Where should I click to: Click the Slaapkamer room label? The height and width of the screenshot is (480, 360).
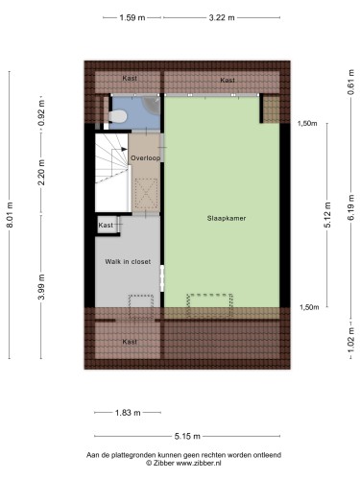pyautogui.click(x=227, y=218)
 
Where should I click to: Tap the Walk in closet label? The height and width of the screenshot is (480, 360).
pyautogui.click(x=128, y=261)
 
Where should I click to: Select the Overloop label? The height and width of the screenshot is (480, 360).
pyautogui.click(x=145, y=157)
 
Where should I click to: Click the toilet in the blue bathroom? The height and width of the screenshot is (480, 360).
pyautogui.click(x=118, y=116)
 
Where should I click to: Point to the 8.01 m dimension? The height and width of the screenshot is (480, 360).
pyautogui.click(x=10, y=215)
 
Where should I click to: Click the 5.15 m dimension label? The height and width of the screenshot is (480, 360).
pyautogui.click(x=187, y=436)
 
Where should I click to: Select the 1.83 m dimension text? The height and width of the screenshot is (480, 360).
pyautogui.click(x=128, y=413)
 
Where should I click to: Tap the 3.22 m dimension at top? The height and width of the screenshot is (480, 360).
pyautogui.click(x=222, y=17)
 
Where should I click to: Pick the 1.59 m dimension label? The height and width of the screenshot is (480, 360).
pyautogui.click(x=132, y=17)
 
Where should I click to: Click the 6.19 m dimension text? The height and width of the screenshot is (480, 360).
pyautogui.click(x=350, y=207)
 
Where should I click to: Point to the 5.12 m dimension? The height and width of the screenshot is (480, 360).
pyautogui.click(x=327, y=215)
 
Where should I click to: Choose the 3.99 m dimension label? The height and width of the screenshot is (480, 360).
pyautogui.click(x=41, y=287)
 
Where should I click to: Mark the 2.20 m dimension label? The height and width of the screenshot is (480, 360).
pyautogui.click(x=41, y=173)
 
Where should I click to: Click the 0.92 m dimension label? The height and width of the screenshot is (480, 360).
pyautogui.click(x=41, y=113)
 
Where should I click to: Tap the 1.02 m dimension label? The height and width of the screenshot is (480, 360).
pyautogui.click(x=350, y=340)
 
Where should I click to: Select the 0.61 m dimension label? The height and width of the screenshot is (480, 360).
pyautogui.click(x=350, y=82)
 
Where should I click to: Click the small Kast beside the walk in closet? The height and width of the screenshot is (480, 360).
pyautogui.click(x=106, y=225)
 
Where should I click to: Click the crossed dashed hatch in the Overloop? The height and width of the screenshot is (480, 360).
pyautogui.click(x=146, y=194)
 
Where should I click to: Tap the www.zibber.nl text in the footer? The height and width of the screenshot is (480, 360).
pyautogui.click(x=199, y=463)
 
